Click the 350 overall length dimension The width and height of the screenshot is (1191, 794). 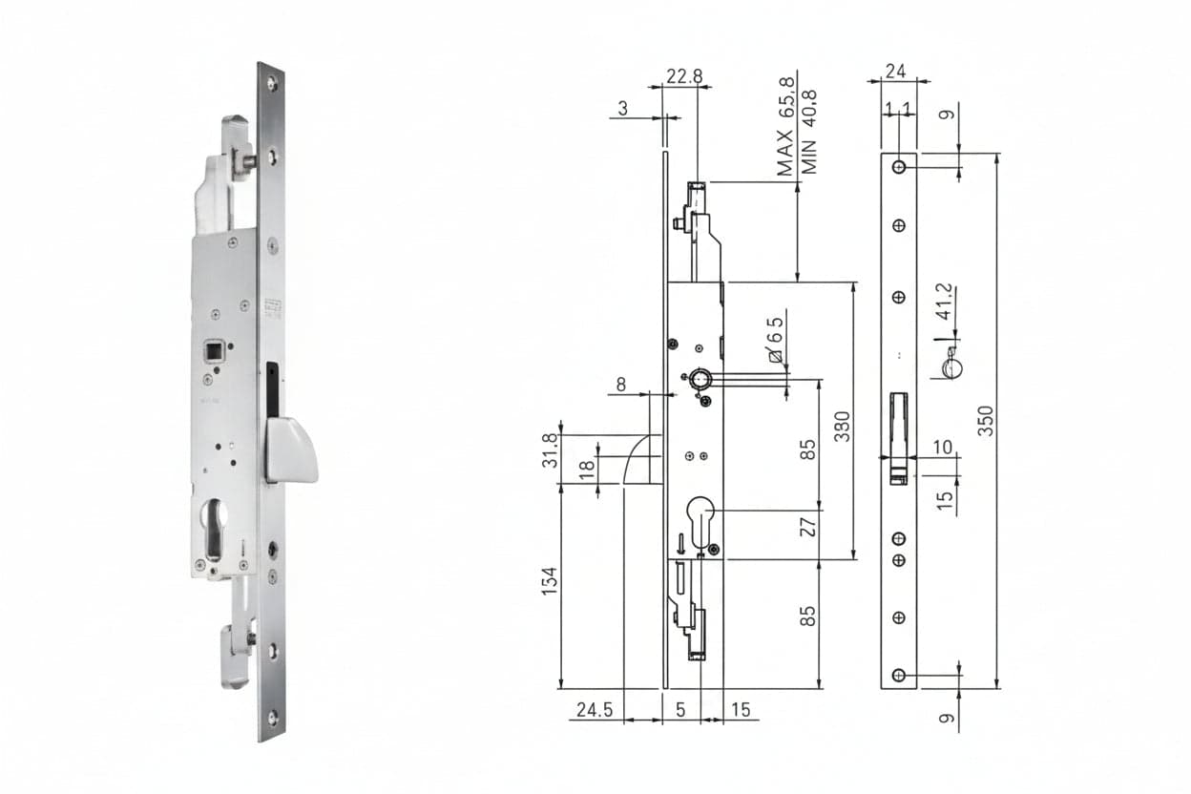coord(985,421)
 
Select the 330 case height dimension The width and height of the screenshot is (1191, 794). coord(843,427)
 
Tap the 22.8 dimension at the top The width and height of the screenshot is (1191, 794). coord(684,76)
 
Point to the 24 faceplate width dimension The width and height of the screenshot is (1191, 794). coord(896,72)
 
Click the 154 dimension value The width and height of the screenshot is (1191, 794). coord(550,581)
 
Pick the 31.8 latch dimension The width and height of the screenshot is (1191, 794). coord(551,449)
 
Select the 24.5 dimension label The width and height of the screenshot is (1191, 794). coord(595,709)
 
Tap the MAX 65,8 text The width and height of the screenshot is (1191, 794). coord(785,127)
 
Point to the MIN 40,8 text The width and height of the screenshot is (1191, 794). coord(808,133)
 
